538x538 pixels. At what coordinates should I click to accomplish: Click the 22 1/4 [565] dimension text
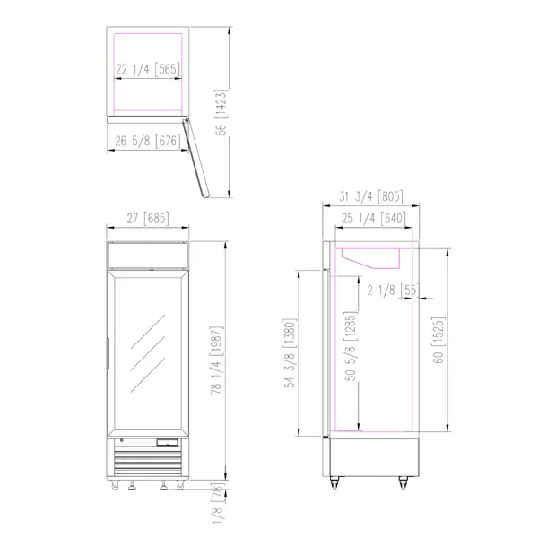click(148, 69)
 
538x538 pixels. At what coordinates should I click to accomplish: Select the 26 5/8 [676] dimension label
click(148, 141)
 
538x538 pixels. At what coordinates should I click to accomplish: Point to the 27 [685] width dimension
click(146, 218)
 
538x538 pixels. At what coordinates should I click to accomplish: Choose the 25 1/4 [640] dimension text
click(370, 218)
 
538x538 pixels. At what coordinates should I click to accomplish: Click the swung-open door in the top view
click(196, 157)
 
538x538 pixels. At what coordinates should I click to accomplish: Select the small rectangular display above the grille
click(168, 442)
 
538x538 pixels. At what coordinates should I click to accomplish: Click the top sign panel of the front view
click(147, 255)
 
